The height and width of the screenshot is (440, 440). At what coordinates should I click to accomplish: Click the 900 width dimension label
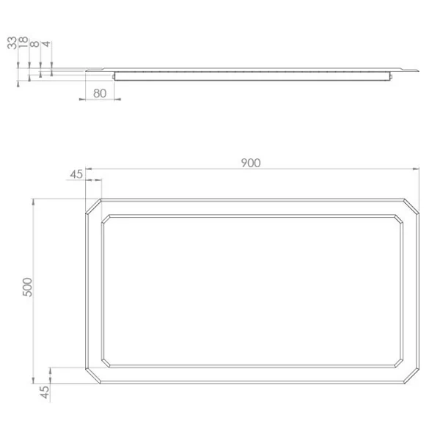pos(251,163)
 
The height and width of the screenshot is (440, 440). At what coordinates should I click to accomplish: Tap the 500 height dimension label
pos(28,287)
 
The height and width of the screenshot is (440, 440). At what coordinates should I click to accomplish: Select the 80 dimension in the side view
pos(100,93)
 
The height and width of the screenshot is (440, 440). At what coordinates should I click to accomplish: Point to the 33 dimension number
pos(12,43)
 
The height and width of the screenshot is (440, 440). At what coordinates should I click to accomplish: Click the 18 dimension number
pos(23,42)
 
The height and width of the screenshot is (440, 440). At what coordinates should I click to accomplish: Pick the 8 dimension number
pos(34,44)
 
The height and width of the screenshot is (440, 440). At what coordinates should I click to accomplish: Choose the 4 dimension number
pos(46,44)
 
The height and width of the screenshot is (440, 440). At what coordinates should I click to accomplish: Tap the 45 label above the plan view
pos(76,175)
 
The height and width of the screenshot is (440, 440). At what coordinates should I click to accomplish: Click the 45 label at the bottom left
pos(44,392)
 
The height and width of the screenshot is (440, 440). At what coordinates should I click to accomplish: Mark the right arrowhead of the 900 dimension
pos(416,169)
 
